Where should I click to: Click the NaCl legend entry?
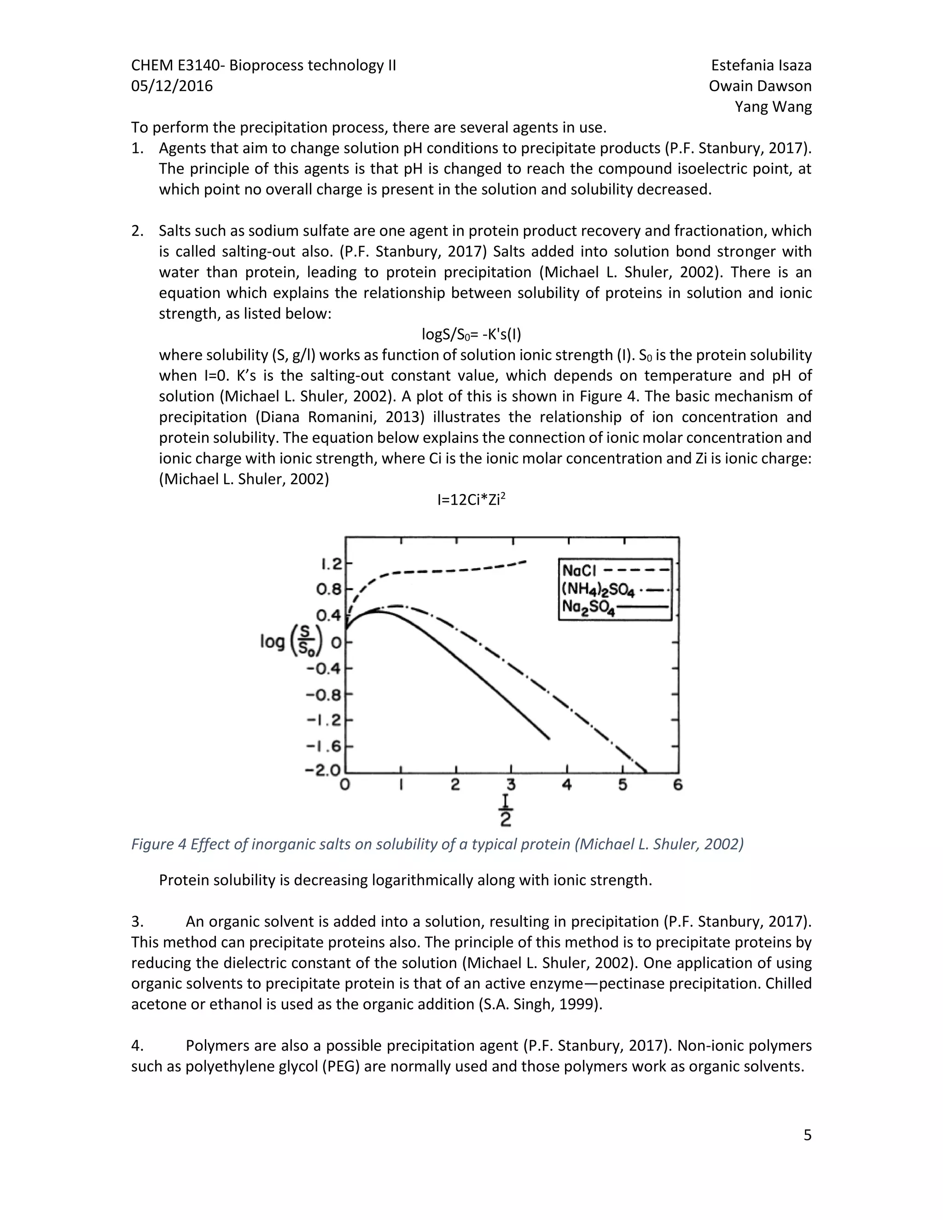point(615,570)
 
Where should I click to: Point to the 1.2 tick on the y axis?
point(331,564)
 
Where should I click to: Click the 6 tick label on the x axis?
point(678,785)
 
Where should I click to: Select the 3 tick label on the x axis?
point(511,785)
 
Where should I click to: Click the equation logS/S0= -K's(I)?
point(471,335)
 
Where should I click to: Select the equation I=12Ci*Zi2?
point(471,500)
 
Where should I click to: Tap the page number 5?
point(807,1135)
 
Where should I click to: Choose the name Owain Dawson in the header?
point(760,86)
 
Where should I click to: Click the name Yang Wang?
point(773,107)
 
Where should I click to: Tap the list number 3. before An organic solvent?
point(137,921)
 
